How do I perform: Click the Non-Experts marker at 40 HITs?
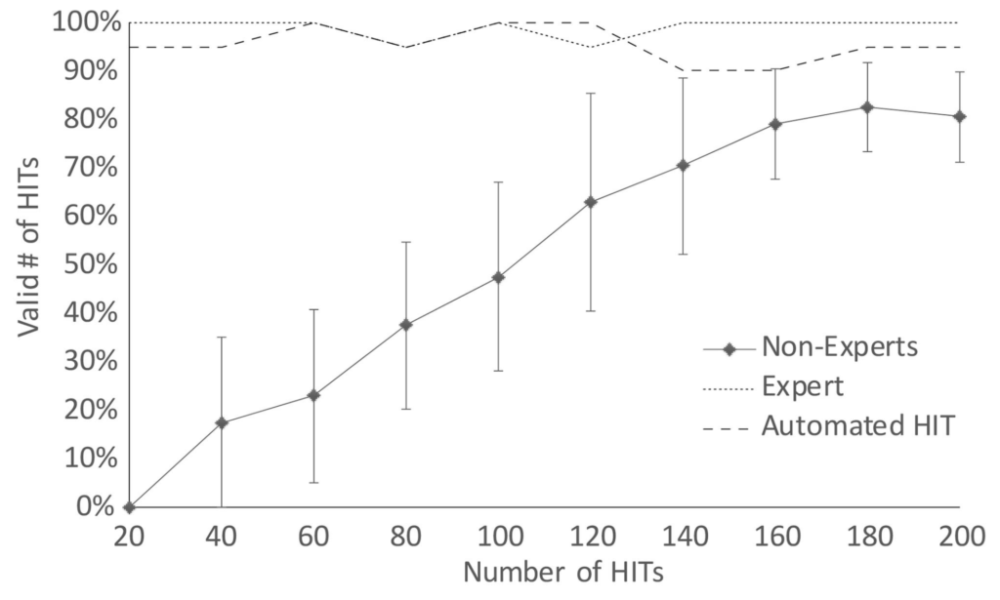point(222,422)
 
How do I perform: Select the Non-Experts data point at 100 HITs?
point(498,277)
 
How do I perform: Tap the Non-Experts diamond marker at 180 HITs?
point(866,106)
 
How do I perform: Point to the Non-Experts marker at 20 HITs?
point(130,506)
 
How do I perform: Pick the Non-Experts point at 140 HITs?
point(683,165)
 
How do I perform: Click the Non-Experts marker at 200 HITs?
point(960,116)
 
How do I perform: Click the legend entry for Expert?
point(802,385)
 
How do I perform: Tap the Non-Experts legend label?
point(841,346)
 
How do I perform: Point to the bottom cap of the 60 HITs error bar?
point(313,482)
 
